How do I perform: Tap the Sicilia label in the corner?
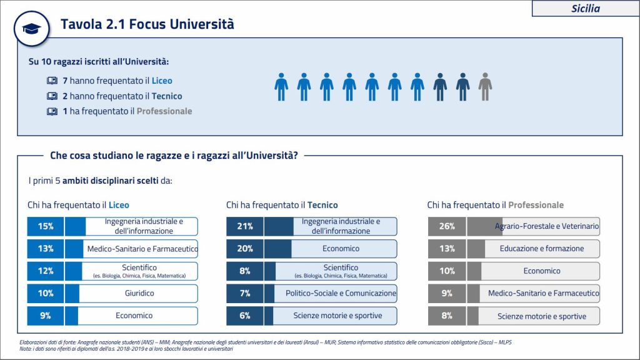click(585, 8)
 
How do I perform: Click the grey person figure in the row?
click(485, 87)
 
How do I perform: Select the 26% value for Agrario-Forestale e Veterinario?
click(447, 226)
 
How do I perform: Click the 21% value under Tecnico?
click(245, 226)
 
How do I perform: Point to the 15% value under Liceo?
click(46, 226)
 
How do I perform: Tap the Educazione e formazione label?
click(542, 249)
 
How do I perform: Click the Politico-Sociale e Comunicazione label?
click(341, 293)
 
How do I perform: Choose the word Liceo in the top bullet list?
click(162, 81)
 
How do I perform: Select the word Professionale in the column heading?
click(536, 205)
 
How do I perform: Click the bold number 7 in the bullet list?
click(65, 81)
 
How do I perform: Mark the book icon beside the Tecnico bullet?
click(51, 96)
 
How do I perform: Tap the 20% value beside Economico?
click(245, 249)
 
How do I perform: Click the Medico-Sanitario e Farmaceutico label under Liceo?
click(142, 249)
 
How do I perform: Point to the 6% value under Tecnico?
click(245, 316)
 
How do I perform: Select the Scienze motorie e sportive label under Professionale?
click(542, 316)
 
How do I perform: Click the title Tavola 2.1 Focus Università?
click(147, 24)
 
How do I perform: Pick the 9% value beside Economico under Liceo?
click(46, 316)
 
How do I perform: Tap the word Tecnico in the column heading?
click(322, 205)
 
